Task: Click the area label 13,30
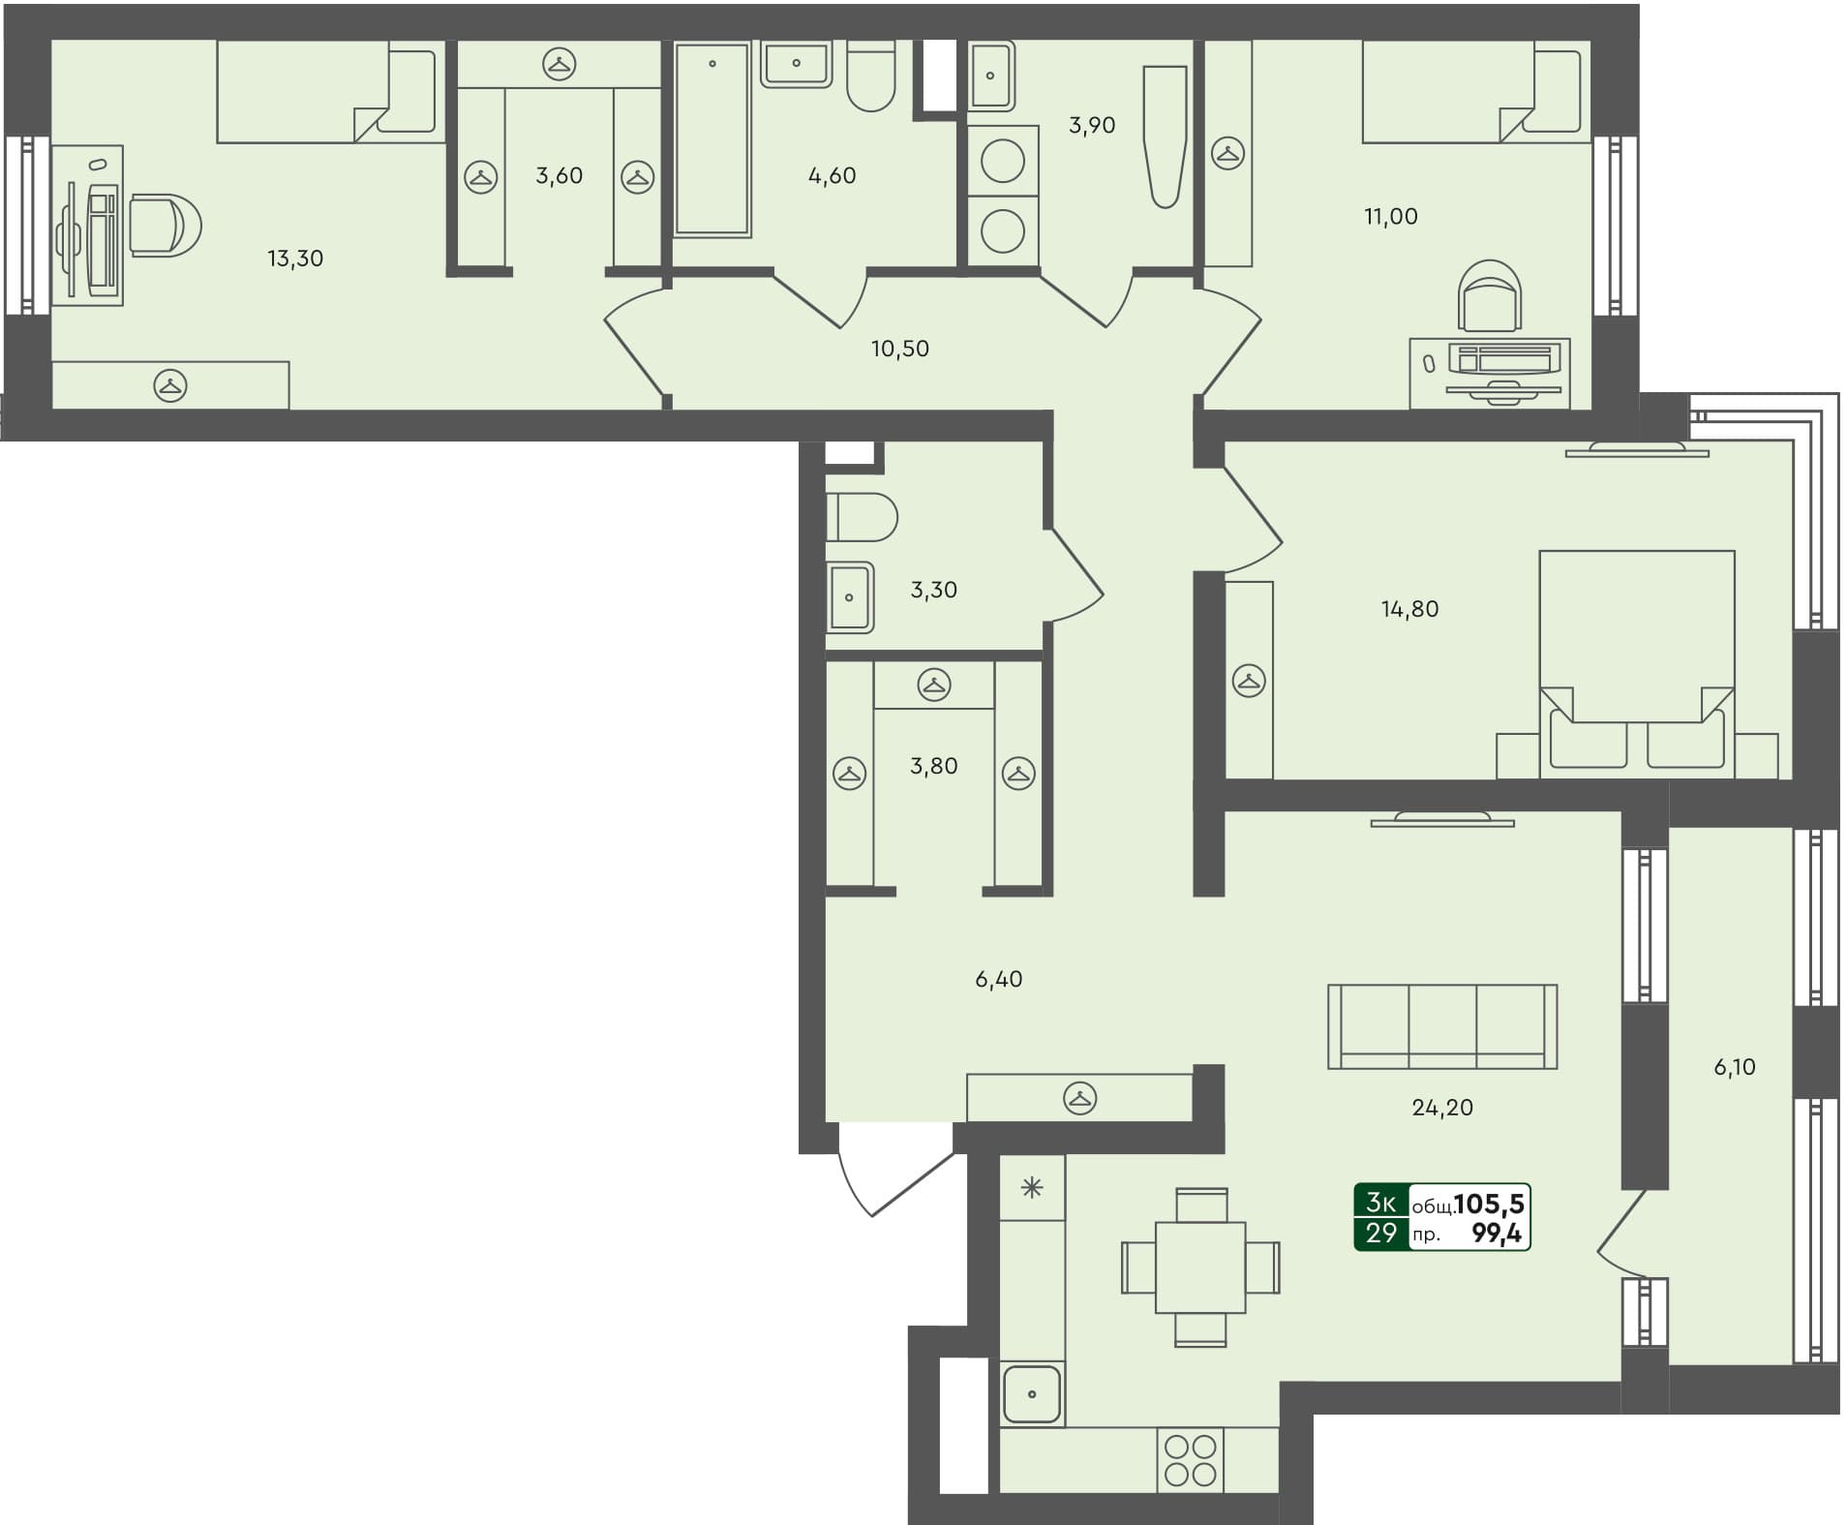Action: tap(295, 259)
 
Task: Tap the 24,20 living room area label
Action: tap(1441, 1108)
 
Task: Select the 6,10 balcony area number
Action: tap(1734, 1067)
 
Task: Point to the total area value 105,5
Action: tap(1489, 1204)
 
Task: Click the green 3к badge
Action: tap(1380, 1203)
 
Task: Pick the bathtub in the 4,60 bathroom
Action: tap(712, 138)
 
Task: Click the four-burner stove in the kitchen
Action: tap(1191, 1460)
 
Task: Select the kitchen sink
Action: tap(1032, 1394)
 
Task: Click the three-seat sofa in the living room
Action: tap(1441, 1026)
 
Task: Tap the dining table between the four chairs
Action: tap(1200, 1267)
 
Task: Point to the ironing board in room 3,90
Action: tap(1165, 136)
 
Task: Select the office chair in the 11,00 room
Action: tap(1491, 295)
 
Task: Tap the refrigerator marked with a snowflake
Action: tap(1032, 1188)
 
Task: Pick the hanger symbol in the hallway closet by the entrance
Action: tap(1079, 1098)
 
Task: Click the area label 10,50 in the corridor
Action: tap(899, 349)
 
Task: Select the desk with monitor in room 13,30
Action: tap(87, 226)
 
